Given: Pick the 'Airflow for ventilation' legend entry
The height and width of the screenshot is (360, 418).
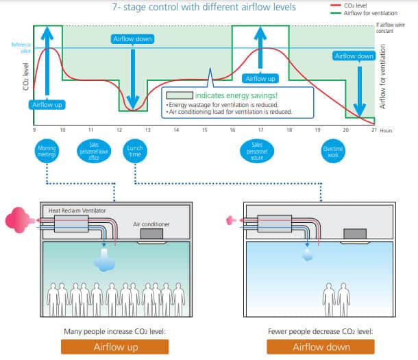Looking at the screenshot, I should click(393, 12).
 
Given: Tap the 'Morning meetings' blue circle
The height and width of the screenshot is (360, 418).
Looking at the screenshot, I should click(47, 150).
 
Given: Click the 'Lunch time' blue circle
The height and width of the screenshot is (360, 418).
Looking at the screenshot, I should click(135, 150).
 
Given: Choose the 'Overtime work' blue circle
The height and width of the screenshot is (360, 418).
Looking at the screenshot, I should click(331, 150).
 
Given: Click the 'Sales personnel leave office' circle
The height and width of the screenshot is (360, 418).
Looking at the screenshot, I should click(91, 150).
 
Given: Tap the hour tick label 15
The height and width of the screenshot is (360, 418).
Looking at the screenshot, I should click(204, 130).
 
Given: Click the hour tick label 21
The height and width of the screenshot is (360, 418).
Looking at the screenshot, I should click(373, 130).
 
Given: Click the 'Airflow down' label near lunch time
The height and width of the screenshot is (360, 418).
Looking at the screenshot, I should click(131, 39).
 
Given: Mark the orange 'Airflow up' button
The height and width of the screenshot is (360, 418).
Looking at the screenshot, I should click(114, 346).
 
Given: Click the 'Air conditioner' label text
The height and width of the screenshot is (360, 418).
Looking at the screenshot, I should click(152, 223).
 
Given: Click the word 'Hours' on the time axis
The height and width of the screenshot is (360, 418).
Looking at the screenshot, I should click(387, 130).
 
